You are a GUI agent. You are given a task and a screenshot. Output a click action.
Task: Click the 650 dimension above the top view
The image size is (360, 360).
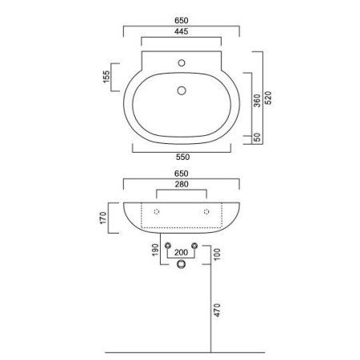[180, 18]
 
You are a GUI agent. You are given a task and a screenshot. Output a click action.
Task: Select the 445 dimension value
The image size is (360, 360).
[180, 31]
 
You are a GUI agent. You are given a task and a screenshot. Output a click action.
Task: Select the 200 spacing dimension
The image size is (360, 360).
[181, 252]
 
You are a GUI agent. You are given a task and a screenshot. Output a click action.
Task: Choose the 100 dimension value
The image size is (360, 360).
[216, 255]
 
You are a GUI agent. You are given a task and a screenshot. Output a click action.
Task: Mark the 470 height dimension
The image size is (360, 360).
[216, 310]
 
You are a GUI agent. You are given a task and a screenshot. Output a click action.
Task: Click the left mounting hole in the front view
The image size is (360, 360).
[157, 211]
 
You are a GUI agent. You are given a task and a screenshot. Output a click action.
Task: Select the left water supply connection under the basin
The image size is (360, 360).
[168, 245]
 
